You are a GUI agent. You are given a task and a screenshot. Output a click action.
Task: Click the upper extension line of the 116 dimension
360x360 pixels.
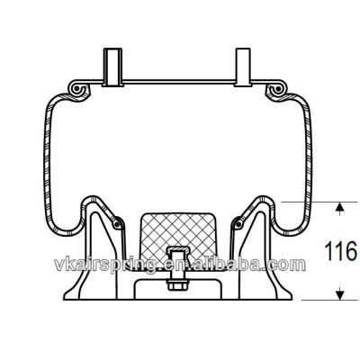[x=315, y=201]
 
